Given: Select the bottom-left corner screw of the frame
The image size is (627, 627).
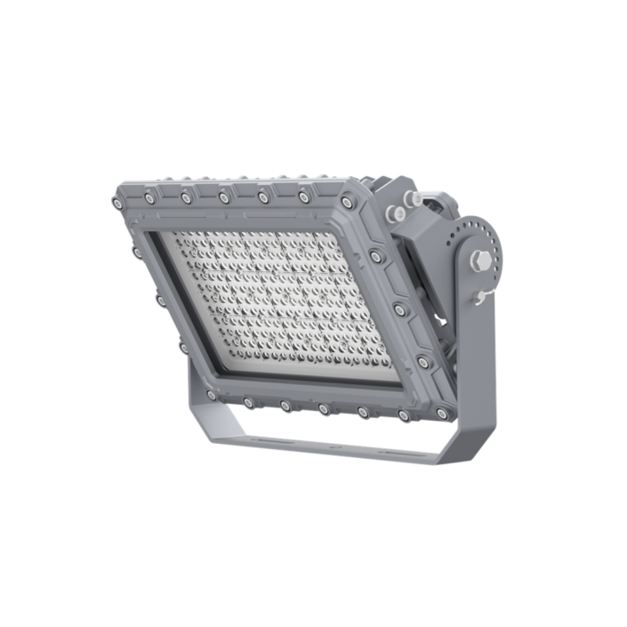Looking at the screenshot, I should click(x=211, y=395).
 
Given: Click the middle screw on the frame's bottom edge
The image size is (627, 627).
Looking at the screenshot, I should click(x=324, y=409).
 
